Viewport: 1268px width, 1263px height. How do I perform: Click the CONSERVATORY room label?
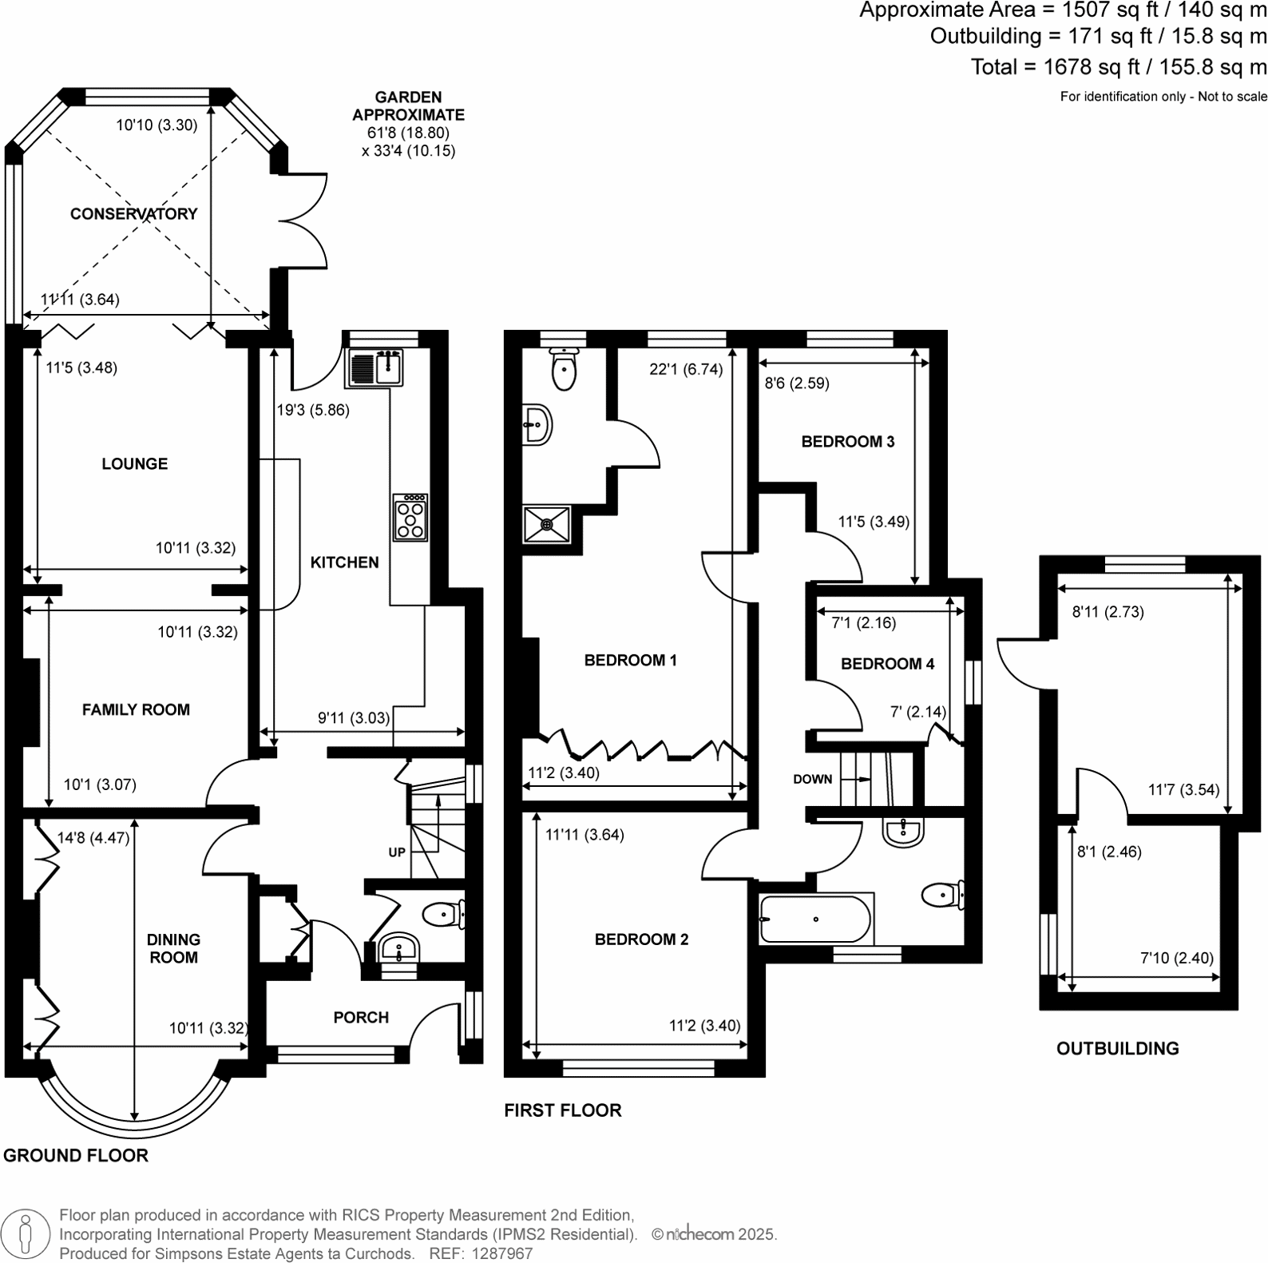click(133, 214)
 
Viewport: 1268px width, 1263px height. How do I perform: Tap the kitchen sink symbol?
click(376, 368)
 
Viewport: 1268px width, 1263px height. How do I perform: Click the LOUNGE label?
click(134, 464)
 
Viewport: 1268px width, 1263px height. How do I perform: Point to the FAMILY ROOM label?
click(136, 710)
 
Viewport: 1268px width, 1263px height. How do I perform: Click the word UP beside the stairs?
click(397, 852)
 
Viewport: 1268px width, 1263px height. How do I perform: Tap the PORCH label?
click(361, 1018)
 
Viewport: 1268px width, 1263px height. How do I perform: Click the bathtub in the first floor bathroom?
click(814, 919)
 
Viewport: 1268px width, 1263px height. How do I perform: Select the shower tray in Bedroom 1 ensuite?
click(547, 524)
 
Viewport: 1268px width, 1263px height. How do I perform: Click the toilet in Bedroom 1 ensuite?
click(565, 369)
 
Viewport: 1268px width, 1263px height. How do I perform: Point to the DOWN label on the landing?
click(812, 780)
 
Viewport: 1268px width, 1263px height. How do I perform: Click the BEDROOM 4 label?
click(887, 664)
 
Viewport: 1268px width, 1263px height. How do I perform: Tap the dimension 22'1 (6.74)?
click(686, 369)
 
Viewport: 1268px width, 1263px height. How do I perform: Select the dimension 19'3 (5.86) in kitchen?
click(313, 411)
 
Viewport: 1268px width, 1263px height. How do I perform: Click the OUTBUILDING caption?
click(1117, 1049)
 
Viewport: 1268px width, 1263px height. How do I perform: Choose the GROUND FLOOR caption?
click(76, 1156)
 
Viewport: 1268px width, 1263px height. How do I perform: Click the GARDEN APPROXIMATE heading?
click(408, 106)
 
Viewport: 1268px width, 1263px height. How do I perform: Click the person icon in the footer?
click(27, 1233)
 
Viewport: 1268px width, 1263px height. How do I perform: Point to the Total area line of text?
click(1118, 67)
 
